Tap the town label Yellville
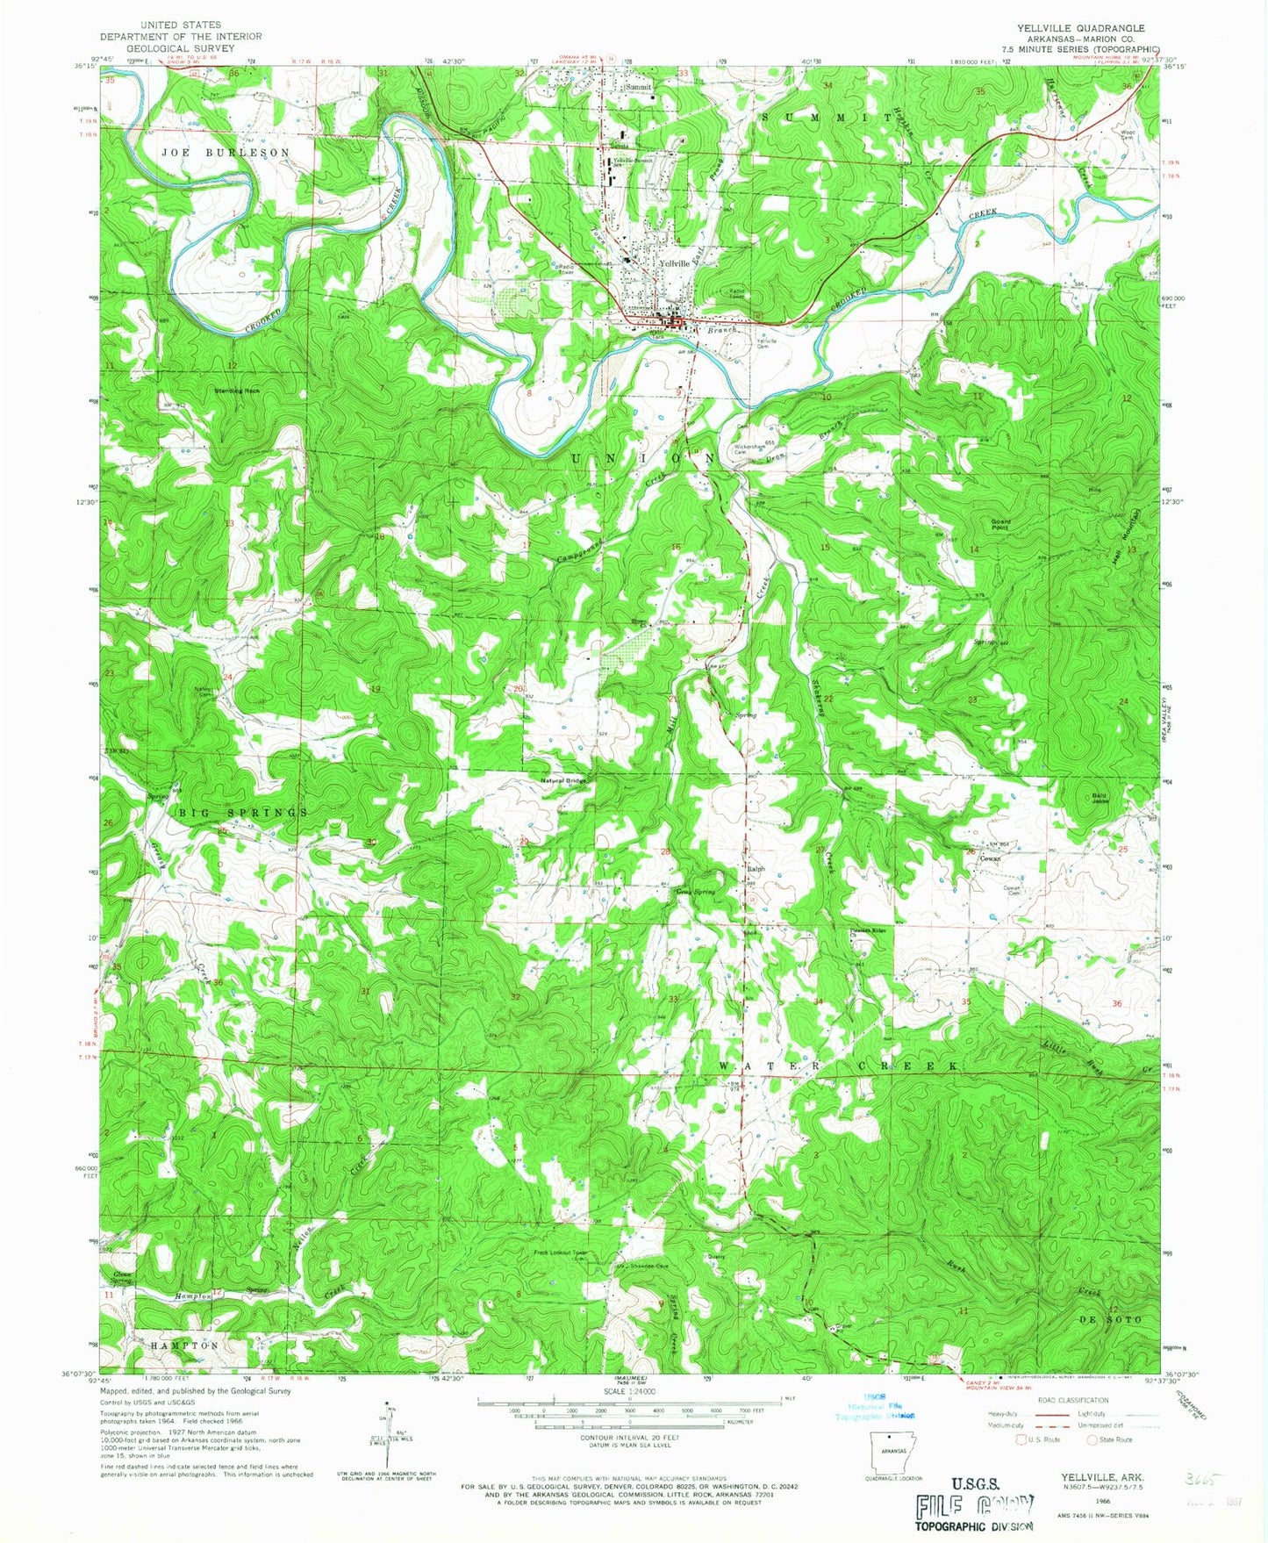click(x=676, y=262)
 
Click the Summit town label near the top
click(x=638, y=88)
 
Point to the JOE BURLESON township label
click(x=225, y=153)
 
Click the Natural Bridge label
click(x=562, y=780)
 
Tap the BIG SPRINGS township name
click(x=243, y=814)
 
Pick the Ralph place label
click(x=756, y=869)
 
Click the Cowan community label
click(x=992, y=859)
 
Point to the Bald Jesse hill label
click(x=1100, y=798)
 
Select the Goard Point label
click(x=1000, y=524)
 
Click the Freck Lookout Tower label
click(x=560, y=1252)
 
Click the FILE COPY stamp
click(x=973, y=1507)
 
